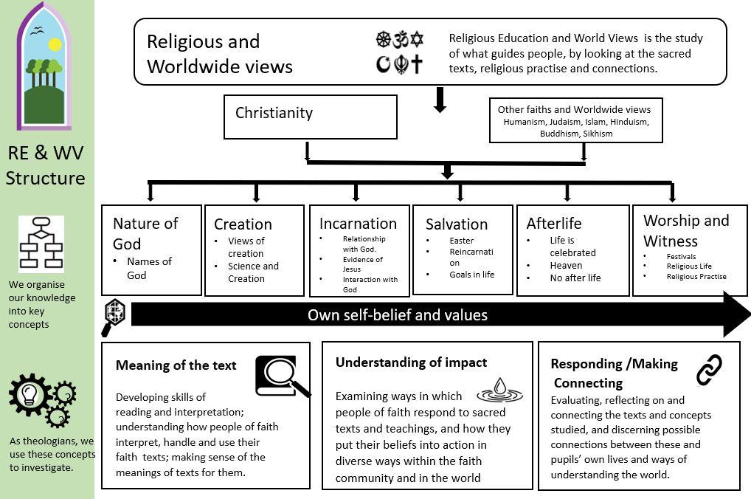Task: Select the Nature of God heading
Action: pos(145,233)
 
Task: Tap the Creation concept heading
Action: pos(243,224)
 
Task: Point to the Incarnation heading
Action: pos(358,224)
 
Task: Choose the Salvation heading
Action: pos(457,224)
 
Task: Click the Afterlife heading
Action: pos(554,224)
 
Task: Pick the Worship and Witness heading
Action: pos(685,230)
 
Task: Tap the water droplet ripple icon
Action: pos(499,390)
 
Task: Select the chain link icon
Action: pos(710,370)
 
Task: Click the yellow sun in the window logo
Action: pos(54,45)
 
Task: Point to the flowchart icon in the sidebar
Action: pos(41,244)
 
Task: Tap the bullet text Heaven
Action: pos(566,266)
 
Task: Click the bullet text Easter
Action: pos(461,241)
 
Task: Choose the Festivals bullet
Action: pos(681,256)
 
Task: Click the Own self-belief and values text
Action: pos(398,315)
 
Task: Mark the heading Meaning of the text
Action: pos(176,365)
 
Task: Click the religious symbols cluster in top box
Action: pos(399,52)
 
